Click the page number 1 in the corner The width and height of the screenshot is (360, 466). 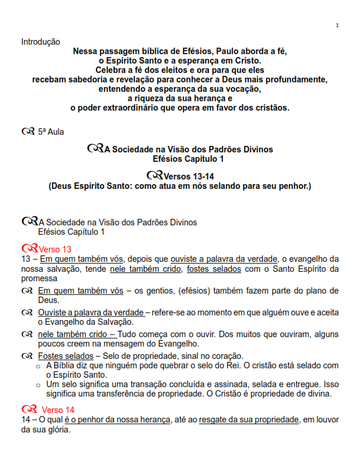click(x=337, y=25)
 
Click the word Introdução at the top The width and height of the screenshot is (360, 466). click(x=41, y=42)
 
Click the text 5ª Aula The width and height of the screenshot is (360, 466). click(x=51, y=132)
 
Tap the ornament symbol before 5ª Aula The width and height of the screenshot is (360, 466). click(x=28, y=132)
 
